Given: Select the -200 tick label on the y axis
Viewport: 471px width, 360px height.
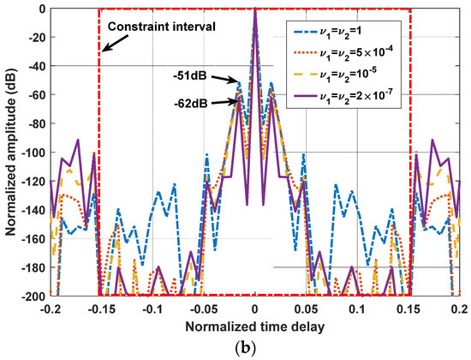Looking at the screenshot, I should [x=32, y=296].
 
